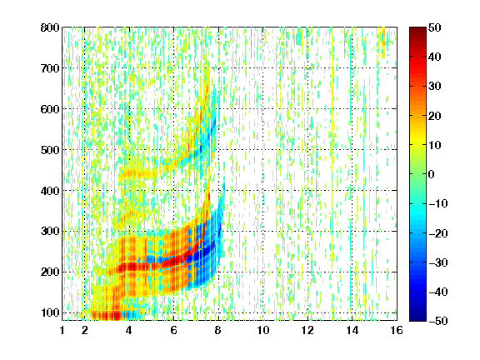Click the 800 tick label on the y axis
(50, 27)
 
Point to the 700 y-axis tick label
(50, 68)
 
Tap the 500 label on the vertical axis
(50, 150)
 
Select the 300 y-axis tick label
(50, 231)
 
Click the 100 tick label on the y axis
(50, 312)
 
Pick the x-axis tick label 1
(62, 330)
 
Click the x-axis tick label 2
(84, 330)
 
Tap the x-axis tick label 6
(173, 330)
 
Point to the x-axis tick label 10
(262, 330)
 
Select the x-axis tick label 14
(352, 330)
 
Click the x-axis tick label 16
(397, 330)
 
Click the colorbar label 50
(435, 27)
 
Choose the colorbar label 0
(432, 174)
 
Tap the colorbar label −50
(438, 321)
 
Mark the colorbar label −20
(438, 233)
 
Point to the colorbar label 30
(435, 86)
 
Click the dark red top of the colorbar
(417, 30)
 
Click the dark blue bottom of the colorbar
(417, 318)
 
